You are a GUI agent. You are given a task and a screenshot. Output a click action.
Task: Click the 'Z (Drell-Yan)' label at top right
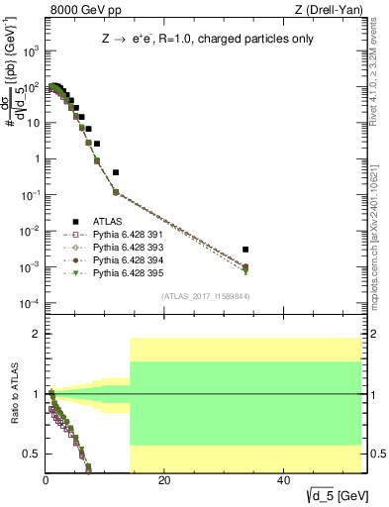[329, 11]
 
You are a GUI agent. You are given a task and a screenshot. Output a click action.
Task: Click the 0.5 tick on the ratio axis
[31, 454]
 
